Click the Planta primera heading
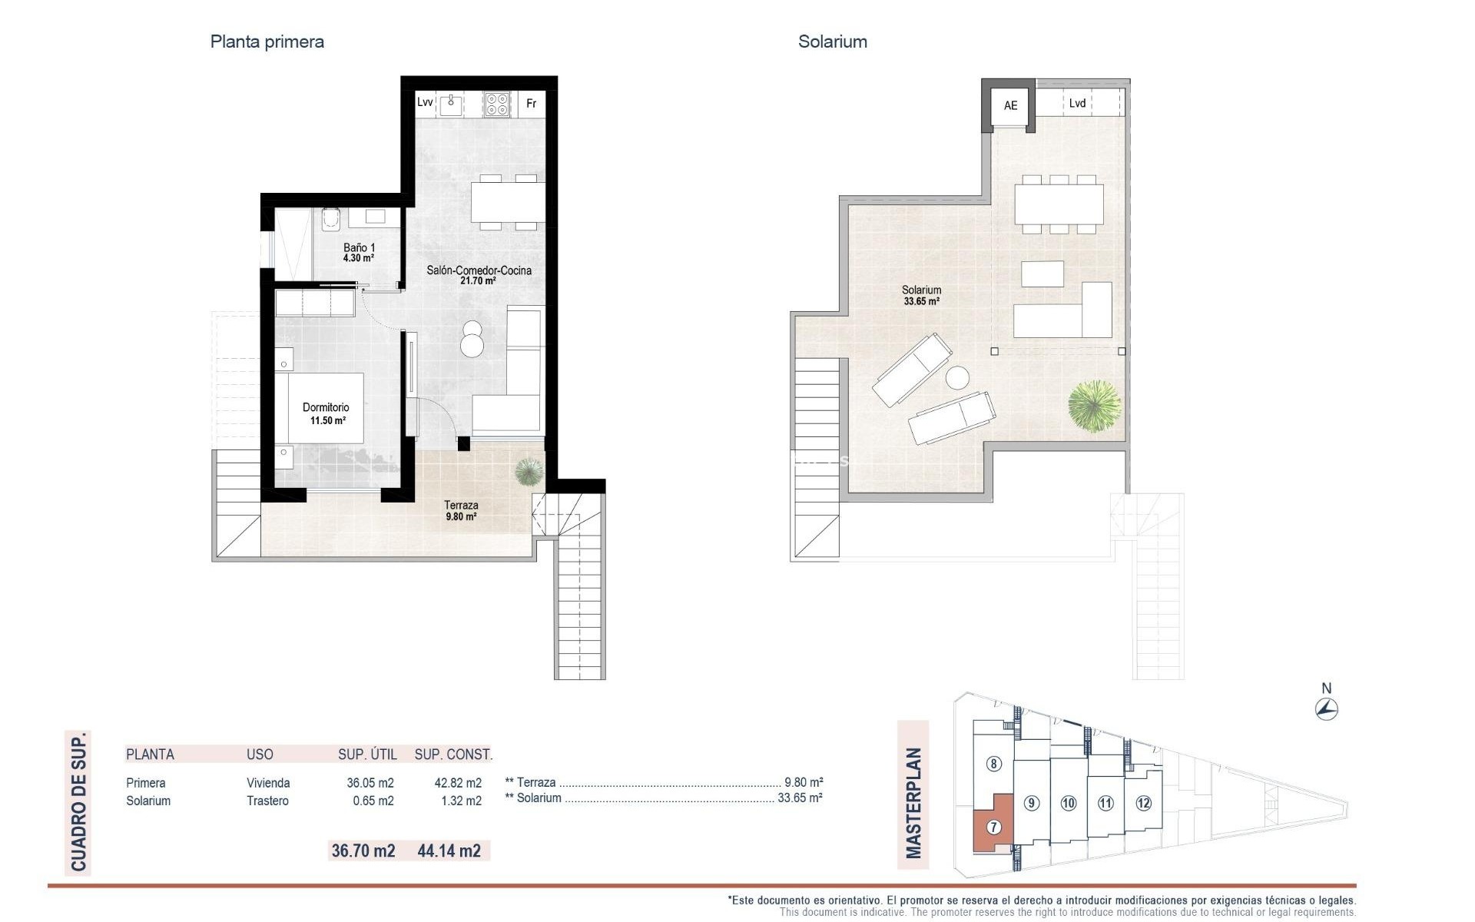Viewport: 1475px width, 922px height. (267, 42)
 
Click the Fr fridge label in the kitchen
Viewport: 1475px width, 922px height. (531, 104)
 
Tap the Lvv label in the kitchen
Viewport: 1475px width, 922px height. (425, 102)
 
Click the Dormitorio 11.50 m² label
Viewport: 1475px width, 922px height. (326, 413)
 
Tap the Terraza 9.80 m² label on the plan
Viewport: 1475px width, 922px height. (461, 510)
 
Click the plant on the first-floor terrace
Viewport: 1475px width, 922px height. (529, 471)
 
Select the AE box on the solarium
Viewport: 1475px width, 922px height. (1010, 106)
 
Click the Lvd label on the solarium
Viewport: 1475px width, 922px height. (1077, 103)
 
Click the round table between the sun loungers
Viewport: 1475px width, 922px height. (957, 379)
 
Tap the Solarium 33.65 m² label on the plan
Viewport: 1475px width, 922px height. (921, 295)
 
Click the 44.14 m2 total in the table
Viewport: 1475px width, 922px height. (449, 851)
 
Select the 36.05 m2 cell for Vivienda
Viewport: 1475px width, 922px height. (370, 783)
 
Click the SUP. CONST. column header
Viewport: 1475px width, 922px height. (453, 755)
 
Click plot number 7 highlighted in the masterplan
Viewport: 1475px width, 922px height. (994, 827)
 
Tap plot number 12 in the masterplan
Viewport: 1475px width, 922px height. (1143, 804)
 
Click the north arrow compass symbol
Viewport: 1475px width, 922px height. (1327, 708)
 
